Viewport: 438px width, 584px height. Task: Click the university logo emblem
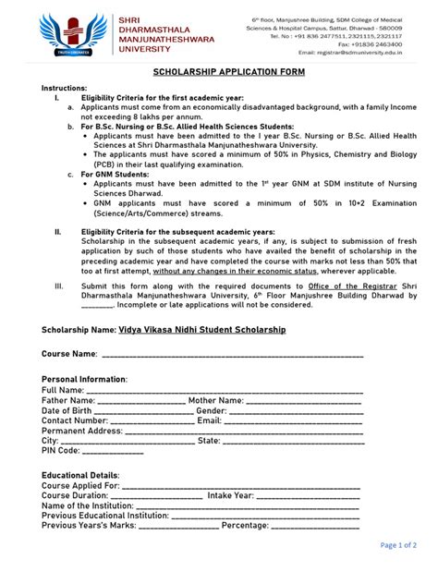pyautogui.click(x=68, y=36)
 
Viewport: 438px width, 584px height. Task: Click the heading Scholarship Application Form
pyautogui.click(x=219, y=70)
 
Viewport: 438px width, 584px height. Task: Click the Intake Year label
pyautogui.click(x=232, y=495)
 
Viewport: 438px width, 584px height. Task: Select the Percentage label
pyautogui.click(x=244, y=526)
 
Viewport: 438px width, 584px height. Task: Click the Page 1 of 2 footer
pyautogui.click(x=399, y=545)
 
